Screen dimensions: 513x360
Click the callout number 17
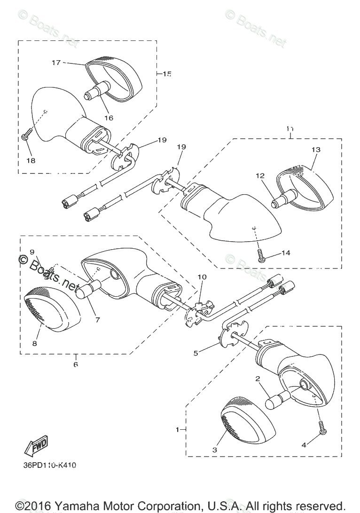[56, 63]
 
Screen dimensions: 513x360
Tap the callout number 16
[109, 118]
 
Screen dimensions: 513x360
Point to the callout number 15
[167, 74]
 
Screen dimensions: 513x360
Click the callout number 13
[315, 150]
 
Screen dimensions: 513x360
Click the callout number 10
[202, 277]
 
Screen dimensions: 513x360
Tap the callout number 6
[76, 364]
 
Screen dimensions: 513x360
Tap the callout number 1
[178, 429]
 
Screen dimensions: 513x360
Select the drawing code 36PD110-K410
[49, 466]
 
